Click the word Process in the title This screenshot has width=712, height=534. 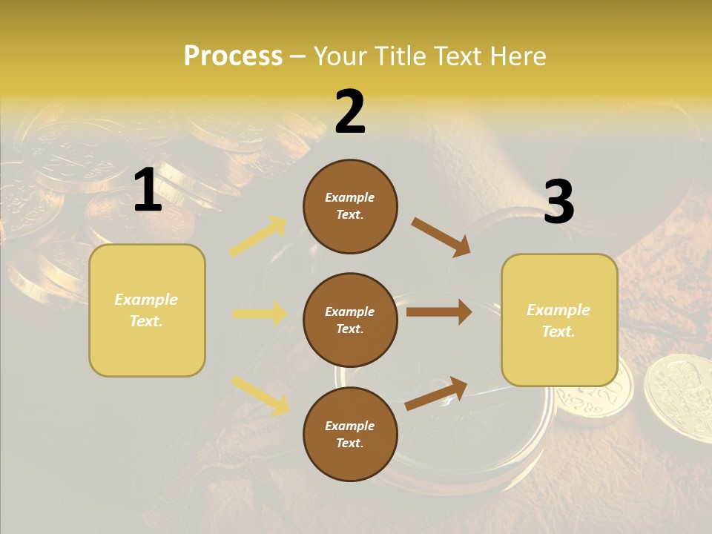point(233,56)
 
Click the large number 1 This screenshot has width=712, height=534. point(148,190)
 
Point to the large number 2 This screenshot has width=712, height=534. point(350,112)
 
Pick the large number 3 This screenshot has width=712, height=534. point(558,202)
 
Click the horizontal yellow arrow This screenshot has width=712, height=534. point(260,314)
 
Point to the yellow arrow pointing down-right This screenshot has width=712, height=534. point(260,395)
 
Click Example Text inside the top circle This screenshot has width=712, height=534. point(350,206)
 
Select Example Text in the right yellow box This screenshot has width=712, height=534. point(558,320)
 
